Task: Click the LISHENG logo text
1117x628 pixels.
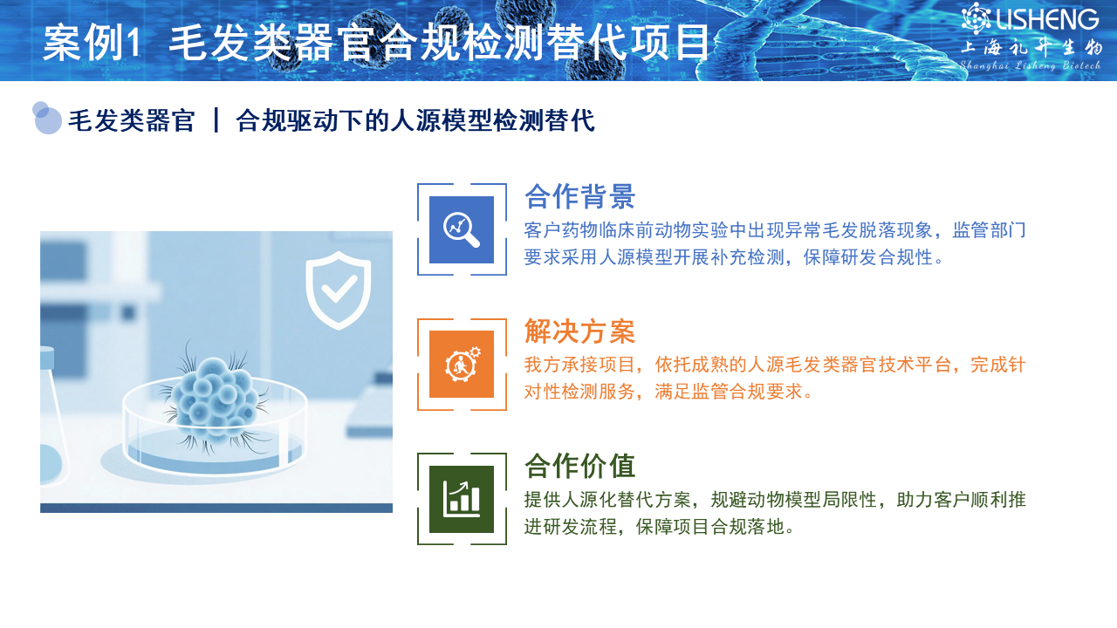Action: point(1047,19)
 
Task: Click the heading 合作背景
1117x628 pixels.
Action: point(580,196)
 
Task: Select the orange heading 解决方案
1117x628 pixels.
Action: point(580,331)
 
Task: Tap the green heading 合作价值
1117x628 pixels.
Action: point(580,466)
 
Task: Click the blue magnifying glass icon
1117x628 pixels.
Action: point(462,229)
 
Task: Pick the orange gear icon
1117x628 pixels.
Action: point(462,365)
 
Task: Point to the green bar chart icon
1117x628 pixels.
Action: point(462,500)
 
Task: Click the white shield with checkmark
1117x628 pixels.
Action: point(338,290)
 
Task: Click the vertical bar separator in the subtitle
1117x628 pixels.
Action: point(216,120)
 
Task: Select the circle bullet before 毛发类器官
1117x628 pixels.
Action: point(46,118)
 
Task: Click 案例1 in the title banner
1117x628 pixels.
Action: point(93,43)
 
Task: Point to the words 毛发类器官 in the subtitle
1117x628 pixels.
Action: point(131,120)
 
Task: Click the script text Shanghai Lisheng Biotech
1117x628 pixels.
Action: point(1031,65)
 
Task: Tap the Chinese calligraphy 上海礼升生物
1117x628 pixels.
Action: point(1031,48)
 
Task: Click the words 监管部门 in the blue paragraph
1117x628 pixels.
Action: point(989,230)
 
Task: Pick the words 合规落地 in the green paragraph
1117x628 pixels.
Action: point(748,526)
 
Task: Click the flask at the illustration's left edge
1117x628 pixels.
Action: point(51,414)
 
